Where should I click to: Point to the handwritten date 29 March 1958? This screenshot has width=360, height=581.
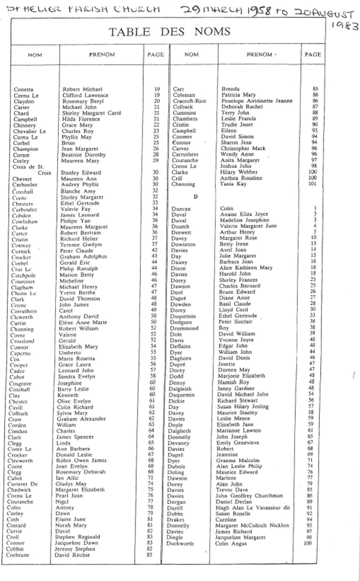(219, 10)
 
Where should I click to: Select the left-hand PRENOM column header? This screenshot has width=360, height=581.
(102, 55)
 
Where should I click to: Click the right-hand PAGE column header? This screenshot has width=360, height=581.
(313, 54)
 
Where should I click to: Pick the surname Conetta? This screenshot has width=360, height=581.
(24, 90)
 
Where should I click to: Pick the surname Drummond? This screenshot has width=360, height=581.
(184, 328)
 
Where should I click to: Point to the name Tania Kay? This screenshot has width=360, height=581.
(231, 184)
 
